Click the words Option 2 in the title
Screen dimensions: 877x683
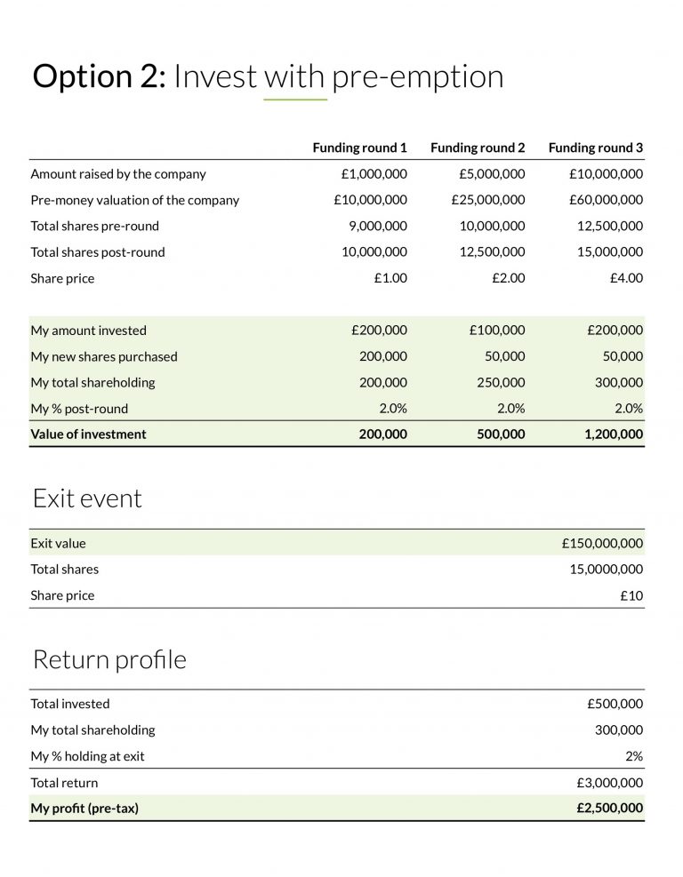99,77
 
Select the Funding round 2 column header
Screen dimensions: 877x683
478,147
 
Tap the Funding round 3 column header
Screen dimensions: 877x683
596,147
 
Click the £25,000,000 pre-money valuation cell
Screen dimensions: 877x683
488,200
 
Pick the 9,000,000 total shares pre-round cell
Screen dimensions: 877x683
378,226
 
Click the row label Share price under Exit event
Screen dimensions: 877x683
62,595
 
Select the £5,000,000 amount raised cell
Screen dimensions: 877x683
492,174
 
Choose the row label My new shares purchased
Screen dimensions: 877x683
104,356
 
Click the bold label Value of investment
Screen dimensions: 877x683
88,435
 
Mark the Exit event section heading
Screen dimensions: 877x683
87,498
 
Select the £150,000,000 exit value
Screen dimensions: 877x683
602,543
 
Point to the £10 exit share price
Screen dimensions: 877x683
631,595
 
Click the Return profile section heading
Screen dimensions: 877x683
109,660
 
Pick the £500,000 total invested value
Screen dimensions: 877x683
615,704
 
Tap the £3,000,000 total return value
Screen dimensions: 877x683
609,783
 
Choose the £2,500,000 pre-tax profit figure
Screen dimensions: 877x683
609,809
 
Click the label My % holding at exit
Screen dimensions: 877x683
87,756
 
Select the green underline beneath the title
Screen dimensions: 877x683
295,100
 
